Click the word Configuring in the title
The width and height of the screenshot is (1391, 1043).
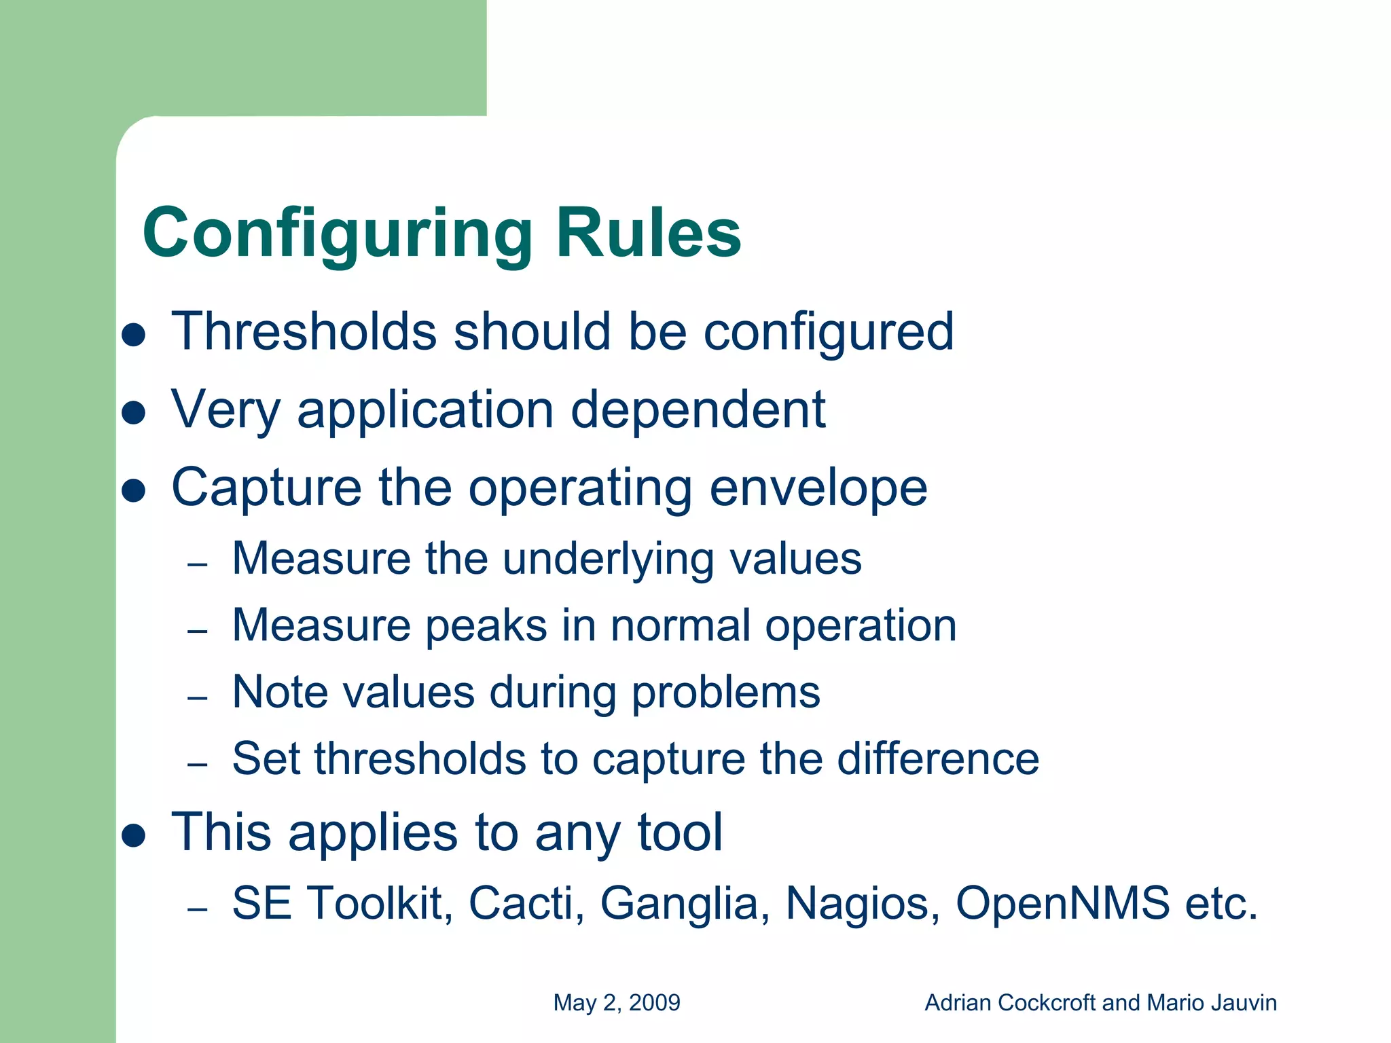(x=338, y=234)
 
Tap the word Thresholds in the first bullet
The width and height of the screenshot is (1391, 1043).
(x=304, y=331)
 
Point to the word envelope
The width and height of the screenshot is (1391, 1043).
(x=818, y=488)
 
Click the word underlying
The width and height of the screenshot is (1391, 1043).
(x=608, y=560)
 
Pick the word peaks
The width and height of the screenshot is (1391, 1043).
(x=486, y=625)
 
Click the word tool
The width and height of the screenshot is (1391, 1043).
(x=680, y=832)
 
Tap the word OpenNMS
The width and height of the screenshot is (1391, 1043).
(x=1062, y=904)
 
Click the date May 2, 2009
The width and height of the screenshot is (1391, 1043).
(x=617, y=1003)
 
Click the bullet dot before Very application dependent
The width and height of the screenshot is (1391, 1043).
(x=134, y=412)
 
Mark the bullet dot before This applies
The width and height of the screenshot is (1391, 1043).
(x=134, y=836)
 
